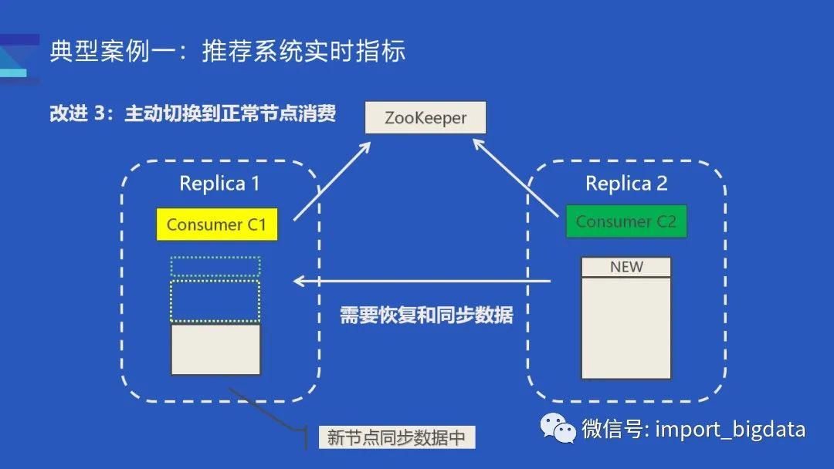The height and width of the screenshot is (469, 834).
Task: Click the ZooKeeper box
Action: pos(425,119)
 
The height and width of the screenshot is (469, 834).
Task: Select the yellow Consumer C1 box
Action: pos(216,224)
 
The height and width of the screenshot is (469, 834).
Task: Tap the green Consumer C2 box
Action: pos(625,221)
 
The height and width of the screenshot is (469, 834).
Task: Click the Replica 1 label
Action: pos(219,184)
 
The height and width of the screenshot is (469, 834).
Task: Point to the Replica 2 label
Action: pos(626,184)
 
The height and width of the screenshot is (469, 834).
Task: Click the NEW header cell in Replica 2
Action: pos(626,267)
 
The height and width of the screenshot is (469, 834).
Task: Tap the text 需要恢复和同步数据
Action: pos(426,315)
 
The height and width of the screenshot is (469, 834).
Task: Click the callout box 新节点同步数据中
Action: pos(397,437)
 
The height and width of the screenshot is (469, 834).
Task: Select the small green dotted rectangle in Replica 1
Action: pos(215,266)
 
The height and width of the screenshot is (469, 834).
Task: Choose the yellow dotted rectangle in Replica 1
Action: pos(215,301)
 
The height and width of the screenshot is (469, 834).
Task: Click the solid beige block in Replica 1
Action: pos(215,349)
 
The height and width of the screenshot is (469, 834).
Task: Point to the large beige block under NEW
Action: pos(626,328)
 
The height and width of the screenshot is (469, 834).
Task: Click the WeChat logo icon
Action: pos(558,428)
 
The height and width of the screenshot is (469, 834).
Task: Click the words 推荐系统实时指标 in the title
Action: pos(303,52)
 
